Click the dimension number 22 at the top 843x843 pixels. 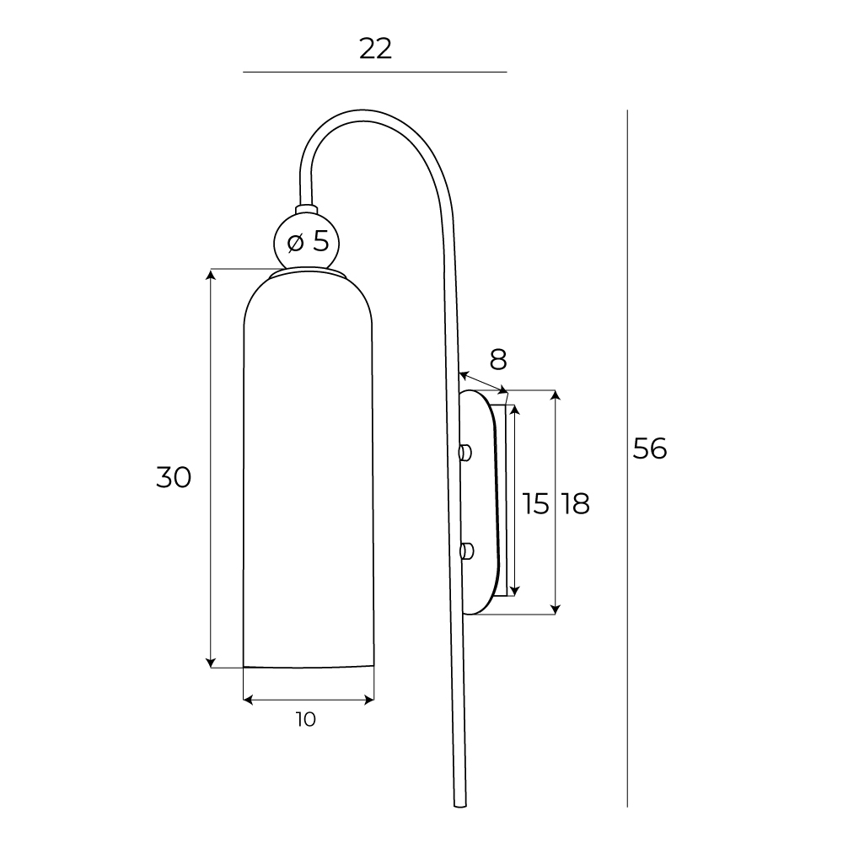click(x=376, y=49)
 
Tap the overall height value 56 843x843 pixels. click(x=650, y=449)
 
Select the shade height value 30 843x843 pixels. click(x=174, y=477)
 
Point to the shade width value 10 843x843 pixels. click(x=306, y=719)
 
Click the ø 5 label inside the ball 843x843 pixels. click(x=308, y=242)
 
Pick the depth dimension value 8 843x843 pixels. click(x=498, y=360)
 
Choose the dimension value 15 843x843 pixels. click(x=535, y=504)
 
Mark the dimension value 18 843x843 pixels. click(x=574, y=504)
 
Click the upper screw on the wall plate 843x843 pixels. click(x=464, y=453)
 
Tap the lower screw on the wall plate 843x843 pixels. click(x=464, y=552)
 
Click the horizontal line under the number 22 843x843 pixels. click(x=374, y=72)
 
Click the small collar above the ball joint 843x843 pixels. click(x=306, y=208)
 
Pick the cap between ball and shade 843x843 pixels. click(x=308, y=272)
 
